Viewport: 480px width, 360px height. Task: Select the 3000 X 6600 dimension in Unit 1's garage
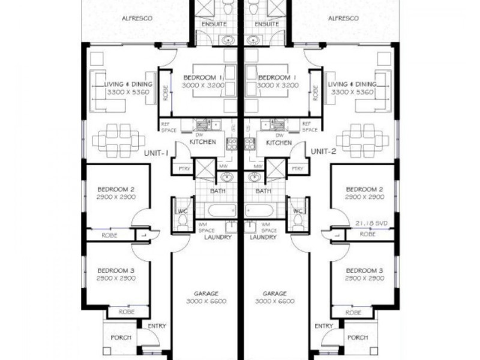pyautogui.click(x=206, y=301)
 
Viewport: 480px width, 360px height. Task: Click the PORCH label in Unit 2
pyautogui.click(x=358, y=337)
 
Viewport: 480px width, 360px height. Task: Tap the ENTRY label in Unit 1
pyautogui.click(x=157, y=326)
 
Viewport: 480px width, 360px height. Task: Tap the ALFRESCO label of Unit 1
pyautogui.click(x=137, y=19)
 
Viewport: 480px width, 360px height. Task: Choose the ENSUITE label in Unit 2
pyautogui.click(x=267, y=24)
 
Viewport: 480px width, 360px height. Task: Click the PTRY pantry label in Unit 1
pyautogui.click(x=185, y=169)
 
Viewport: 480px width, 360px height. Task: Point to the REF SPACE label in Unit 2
pyautogui.click(x=310, y=127)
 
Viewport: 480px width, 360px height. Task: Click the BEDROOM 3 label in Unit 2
pyautogui.click(x=365, y=271)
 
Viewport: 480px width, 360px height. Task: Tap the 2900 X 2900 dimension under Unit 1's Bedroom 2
pyautogui.click(x=116, y=197)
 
